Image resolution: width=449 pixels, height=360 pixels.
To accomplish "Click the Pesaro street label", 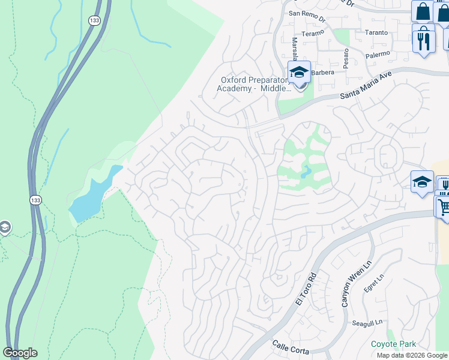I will (346, 59).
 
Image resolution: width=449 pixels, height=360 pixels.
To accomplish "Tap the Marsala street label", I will (295, 49).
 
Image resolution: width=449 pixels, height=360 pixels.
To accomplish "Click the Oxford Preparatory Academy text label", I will (255, 83).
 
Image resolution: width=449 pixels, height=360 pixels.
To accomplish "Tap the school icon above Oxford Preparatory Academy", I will (299, 73).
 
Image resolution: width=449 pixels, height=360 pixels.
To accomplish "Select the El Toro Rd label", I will (305, 290).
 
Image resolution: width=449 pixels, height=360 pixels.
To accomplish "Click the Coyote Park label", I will (393, 344).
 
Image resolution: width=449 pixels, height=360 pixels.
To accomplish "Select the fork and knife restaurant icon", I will (424, 39).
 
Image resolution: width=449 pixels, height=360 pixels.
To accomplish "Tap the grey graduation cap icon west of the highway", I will (4, 227).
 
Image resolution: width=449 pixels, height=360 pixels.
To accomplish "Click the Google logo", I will (20, 353).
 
